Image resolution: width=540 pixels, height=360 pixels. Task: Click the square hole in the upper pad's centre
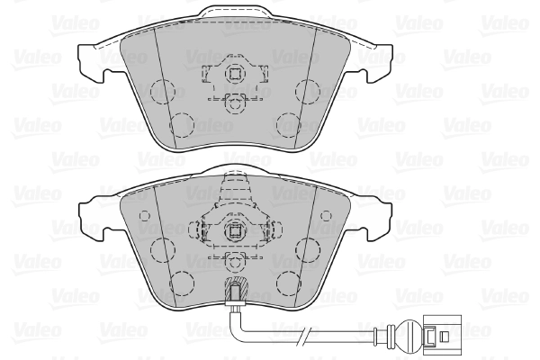[235, 74]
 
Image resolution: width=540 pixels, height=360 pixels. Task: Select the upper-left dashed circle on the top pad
[163, 90]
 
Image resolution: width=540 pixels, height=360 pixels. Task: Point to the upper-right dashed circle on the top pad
[308, 90]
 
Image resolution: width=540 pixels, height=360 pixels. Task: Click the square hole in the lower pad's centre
[235, 229]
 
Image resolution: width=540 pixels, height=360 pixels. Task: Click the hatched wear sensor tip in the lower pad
[235, 291]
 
